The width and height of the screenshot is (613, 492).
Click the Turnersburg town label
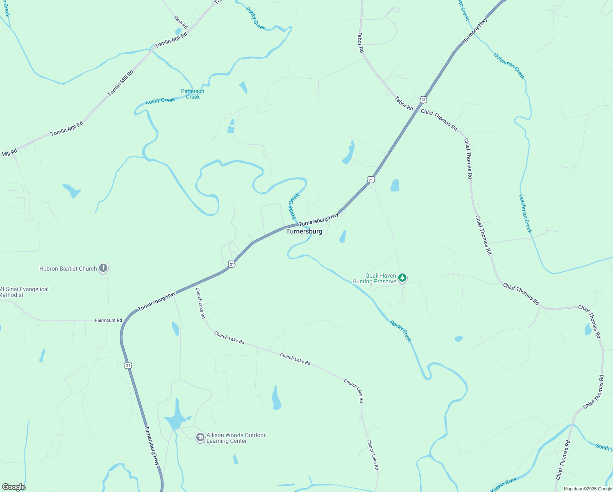(304, 231)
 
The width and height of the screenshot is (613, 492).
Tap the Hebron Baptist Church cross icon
(103, 269)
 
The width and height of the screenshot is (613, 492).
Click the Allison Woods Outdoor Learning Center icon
(200, 438)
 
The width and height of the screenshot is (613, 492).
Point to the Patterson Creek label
(193, 94)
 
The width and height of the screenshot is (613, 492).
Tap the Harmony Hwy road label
(475, 30)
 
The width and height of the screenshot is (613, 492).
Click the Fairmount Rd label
(109, 320)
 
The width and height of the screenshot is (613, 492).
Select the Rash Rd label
(181, 22)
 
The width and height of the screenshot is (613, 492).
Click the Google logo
(14, 487)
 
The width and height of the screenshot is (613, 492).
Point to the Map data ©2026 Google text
(588, 489)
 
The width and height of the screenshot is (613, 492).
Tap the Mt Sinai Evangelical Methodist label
(24, 292)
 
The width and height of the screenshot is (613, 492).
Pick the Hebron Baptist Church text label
(68, 269)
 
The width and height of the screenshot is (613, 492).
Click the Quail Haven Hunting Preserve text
(375, 278)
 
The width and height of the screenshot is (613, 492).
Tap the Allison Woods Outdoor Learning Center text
(236, 438)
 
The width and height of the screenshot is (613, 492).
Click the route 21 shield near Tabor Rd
(423, 100)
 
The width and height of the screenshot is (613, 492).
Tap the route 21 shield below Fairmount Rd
(128, 365)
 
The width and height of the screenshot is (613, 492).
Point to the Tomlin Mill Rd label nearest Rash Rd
(171, 40)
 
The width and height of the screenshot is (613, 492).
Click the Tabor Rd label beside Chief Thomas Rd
(404, 103)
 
